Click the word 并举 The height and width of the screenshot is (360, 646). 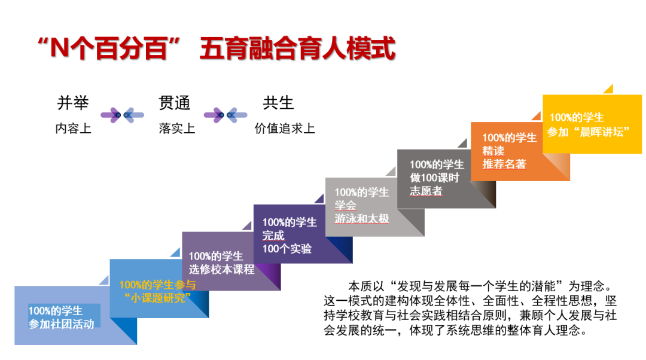point(73,103)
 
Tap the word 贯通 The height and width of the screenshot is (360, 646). point(175,103)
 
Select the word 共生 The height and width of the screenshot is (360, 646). point(279,103)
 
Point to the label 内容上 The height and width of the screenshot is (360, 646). point(73,129)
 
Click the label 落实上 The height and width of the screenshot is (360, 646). point(177,129)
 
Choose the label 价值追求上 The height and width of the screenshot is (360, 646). point(285,129)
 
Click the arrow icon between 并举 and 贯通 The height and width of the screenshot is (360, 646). point(122,114)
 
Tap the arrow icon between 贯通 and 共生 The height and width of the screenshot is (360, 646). point(225,114)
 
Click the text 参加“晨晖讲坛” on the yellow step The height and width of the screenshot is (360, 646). point(589,132)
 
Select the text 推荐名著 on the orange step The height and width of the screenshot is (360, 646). point(504,164)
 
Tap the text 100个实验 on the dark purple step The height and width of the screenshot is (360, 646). point(287,249)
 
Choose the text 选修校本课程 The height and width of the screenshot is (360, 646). point(222,269)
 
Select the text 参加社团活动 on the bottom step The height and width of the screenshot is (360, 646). point(61,324)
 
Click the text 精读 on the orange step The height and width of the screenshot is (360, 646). point(493,151)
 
